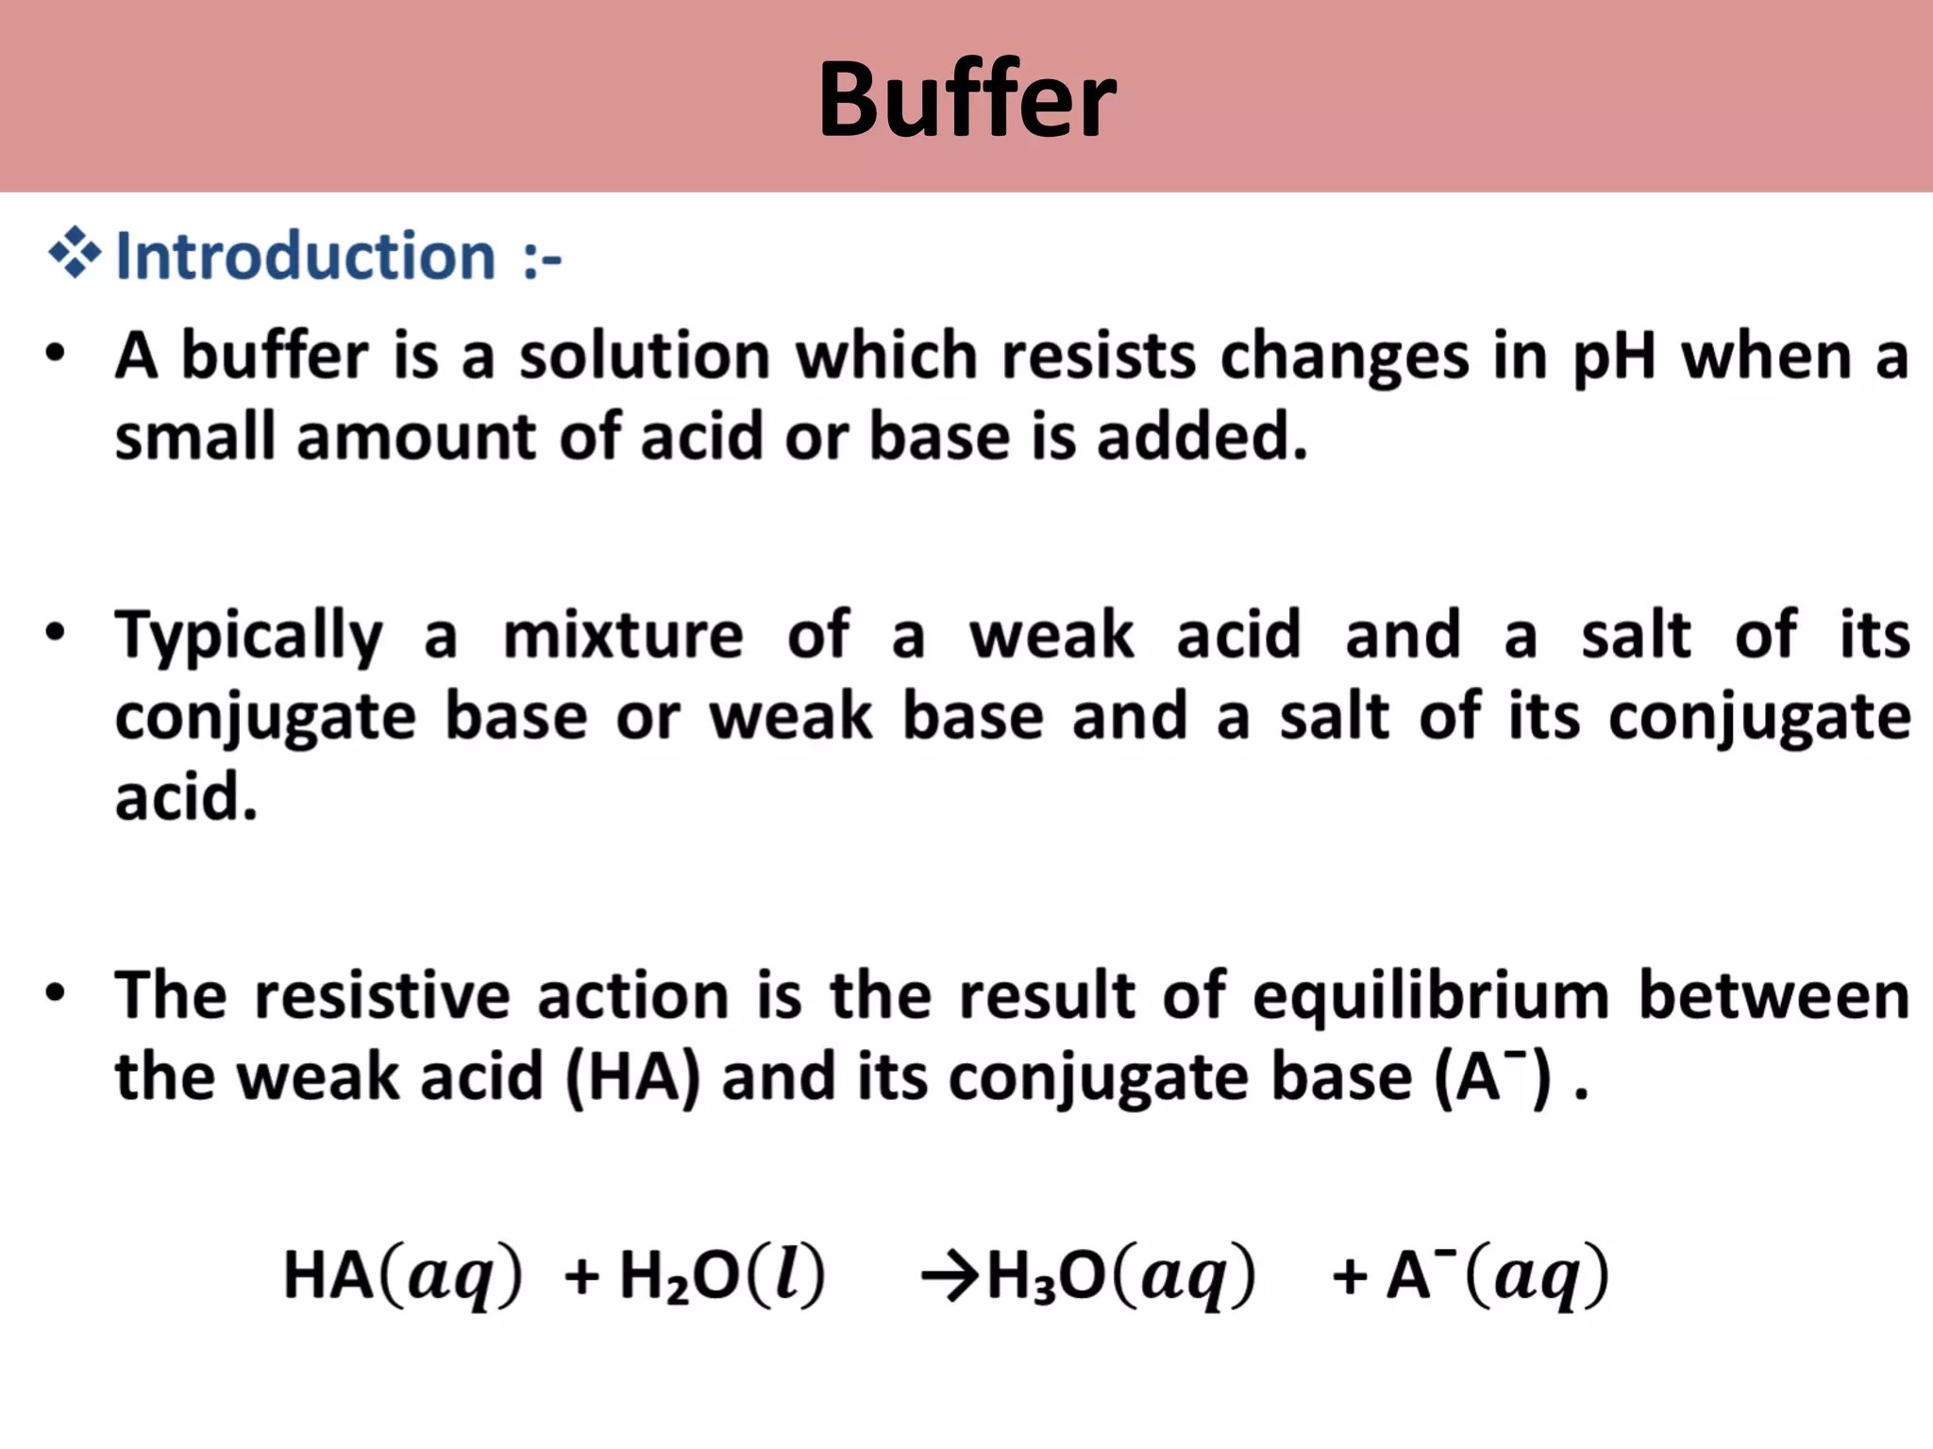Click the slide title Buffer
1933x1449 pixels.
click(966, 99)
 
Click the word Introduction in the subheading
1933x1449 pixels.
click(305, 256)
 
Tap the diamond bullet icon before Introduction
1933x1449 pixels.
click(75, 254)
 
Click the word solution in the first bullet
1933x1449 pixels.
click(645, 357)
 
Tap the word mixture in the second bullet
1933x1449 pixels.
click(623, 635)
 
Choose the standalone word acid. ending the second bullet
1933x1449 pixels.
click(186, 798)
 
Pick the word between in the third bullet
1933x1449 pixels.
click(1773, 996)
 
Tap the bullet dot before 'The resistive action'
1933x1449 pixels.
click(56, 993)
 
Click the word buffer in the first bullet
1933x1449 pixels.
click(275, 357)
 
